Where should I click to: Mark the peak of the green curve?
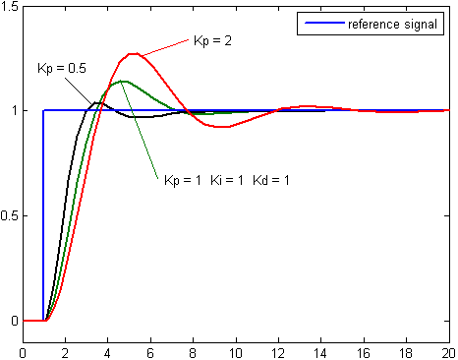pos(123,81)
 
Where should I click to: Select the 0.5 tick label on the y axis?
pos(10,215)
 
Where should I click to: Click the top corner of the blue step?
pos(44,110)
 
